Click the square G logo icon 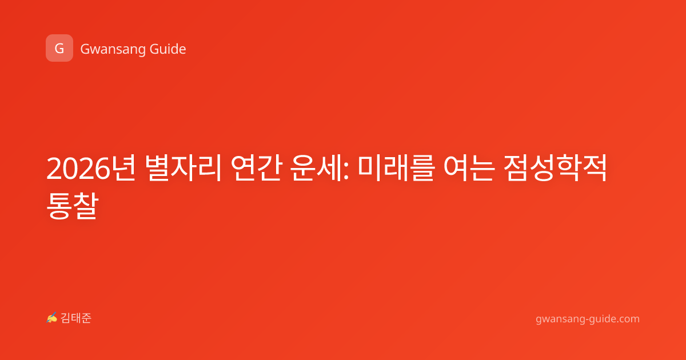[x=59, y=48]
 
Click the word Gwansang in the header [x=112, y=50]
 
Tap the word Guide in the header [x=168, y=49]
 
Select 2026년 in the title [x=91, y=169]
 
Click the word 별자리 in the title [x=183, y=169]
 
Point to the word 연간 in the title [x=256, y=169]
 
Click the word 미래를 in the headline [x=396, y=169]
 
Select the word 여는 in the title [x=469, y=169]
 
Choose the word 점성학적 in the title [x=555, y=169]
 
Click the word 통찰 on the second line [x=72, y=205]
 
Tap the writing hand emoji [x=52, y=318]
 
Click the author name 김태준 [x=76, y=318]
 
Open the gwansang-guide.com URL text [x=588, y=319]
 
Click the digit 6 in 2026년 [x=102, y=169]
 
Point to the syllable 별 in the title [x=157, y=169]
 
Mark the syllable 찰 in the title [x=86, y=205]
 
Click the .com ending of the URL [x=628, y=319]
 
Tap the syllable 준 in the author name [x=86, y=318]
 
